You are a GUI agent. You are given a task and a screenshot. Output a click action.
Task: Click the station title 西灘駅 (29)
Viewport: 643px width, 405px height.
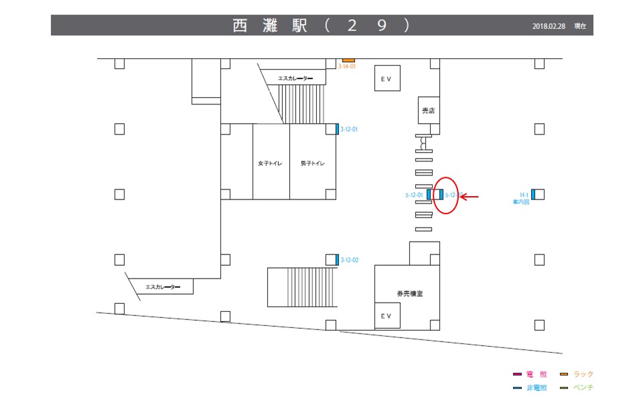pyautogui.click(x=321, y=25)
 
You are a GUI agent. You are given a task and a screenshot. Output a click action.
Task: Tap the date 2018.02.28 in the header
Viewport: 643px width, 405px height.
pyautogui.click(x=549, y=26)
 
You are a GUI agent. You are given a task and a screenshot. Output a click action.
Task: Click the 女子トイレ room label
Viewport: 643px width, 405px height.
pyautogui.click(x=270, y=163)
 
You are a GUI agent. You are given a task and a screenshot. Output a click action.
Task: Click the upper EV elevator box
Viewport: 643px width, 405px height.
pyautogui.click(x=386, y=78)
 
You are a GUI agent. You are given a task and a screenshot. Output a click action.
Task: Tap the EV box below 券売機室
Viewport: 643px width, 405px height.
pyautogui.click(x=386, y=315)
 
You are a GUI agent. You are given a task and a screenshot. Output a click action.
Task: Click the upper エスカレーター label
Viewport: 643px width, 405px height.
pyautogui.click(x=295, y=78)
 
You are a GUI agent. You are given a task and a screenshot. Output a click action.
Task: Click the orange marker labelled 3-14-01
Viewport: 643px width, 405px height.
pyautogui.click(x=348, y=60)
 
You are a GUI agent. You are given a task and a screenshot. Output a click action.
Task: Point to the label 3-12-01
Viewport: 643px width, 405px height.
pyautogui.click(x=350, y=129)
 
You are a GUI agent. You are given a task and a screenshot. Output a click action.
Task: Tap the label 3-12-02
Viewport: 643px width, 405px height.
pyautogui.click(x=350, y=260)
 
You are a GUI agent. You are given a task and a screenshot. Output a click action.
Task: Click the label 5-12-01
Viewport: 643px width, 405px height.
pyautogui.click(x=414, y=195)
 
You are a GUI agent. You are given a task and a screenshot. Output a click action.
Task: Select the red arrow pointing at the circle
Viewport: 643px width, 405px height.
pyautogui.click(x=472, y=197)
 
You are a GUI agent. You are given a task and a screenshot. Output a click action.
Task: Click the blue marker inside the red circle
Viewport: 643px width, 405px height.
pyautogui.click(x=441, y=195)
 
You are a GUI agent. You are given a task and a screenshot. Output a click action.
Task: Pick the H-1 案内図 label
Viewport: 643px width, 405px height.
pyautogui.click(x=521, y=197)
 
